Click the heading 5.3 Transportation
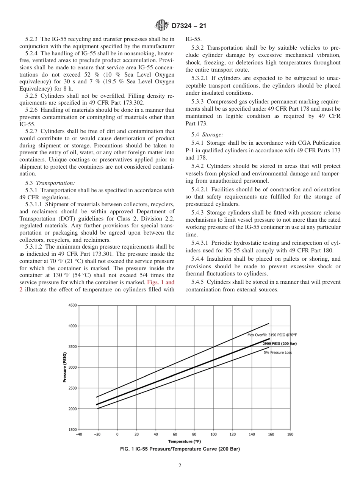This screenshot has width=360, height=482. tap(50, 183)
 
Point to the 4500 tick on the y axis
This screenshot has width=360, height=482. tap(72, 305)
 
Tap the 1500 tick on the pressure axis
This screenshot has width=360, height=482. tap(72, 429)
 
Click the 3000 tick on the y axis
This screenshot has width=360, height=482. tap(72, 367)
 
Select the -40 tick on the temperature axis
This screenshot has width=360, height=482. tap(79, 434)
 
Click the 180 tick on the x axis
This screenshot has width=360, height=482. tap(290, 434)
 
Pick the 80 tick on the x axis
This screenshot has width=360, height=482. tap(194, 434)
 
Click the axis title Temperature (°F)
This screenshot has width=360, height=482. tap(185, 441)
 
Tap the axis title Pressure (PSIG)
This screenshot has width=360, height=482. tap(65, 367)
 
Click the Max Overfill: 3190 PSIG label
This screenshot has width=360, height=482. tap(272, 335)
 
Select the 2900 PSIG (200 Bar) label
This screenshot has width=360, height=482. tap(279, 343)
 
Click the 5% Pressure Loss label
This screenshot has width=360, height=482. tap(278, 353)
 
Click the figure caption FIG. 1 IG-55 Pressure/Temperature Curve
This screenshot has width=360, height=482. tap(180, 449)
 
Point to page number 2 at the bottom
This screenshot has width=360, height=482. tap(180, 466)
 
